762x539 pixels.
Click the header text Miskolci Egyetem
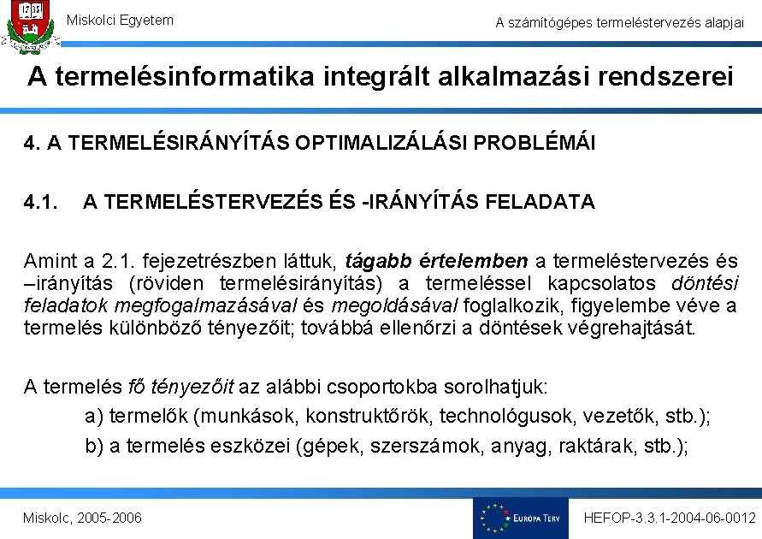(x=120, y=20)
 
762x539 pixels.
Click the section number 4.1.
(x=40, y=203)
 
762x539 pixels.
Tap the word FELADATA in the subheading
(x=539, y=203)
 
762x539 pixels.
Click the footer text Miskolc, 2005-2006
(x=83, y=518)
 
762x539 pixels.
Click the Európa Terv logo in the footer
(x=520, y=518)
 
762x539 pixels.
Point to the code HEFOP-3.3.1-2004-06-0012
(x=669, y=518)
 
